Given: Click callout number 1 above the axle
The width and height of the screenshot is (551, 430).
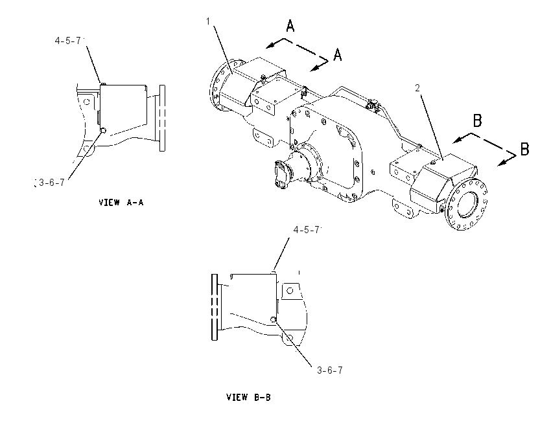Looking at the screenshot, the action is coord(208,22).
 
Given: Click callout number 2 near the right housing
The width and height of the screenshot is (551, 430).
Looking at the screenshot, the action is coord(417,88).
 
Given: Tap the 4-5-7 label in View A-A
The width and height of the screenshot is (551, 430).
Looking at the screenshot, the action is coord(68,41).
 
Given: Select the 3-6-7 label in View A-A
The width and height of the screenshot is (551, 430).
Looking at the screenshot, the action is coord(52,183).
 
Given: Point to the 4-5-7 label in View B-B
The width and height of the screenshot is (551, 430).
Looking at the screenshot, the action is coord(307,230).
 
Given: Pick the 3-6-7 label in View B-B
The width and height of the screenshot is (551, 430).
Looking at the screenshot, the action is coord(329,370).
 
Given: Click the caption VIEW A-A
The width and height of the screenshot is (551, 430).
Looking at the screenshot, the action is coord(121,203).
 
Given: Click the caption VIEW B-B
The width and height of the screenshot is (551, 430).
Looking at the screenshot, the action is coord(248,398).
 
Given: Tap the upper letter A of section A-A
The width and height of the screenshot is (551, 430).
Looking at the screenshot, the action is coord(290,26).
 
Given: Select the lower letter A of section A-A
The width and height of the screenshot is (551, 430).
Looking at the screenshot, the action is coord(337,55).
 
